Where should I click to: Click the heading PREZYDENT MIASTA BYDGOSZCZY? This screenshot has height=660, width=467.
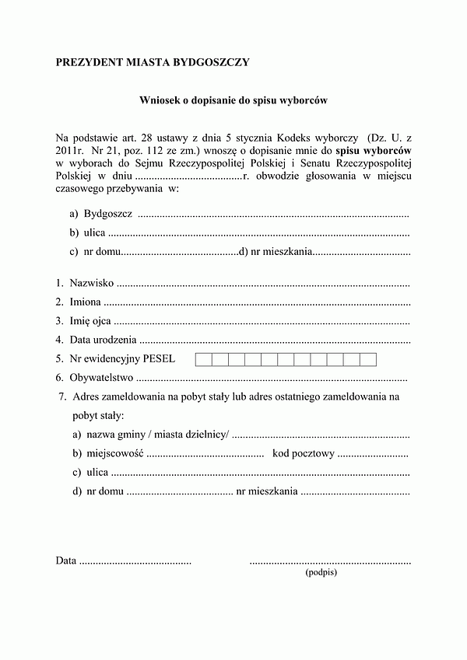point(153,62)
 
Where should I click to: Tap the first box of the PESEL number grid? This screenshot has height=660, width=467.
point(202,359)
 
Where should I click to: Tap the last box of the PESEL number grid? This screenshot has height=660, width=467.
point(368,359)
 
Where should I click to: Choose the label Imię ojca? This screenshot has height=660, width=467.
point(90,321)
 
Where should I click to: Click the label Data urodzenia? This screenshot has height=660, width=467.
point(104,340)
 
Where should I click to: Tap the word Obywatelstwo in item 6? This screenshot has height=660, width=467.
point(102,378)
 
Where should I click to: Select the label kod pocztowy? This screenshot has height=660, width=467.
point(303,453)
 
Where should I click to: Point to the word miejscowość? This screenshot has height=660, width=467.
point(115,453)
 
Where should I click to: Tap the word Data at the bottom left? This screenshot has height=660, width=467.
point(66,560)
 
